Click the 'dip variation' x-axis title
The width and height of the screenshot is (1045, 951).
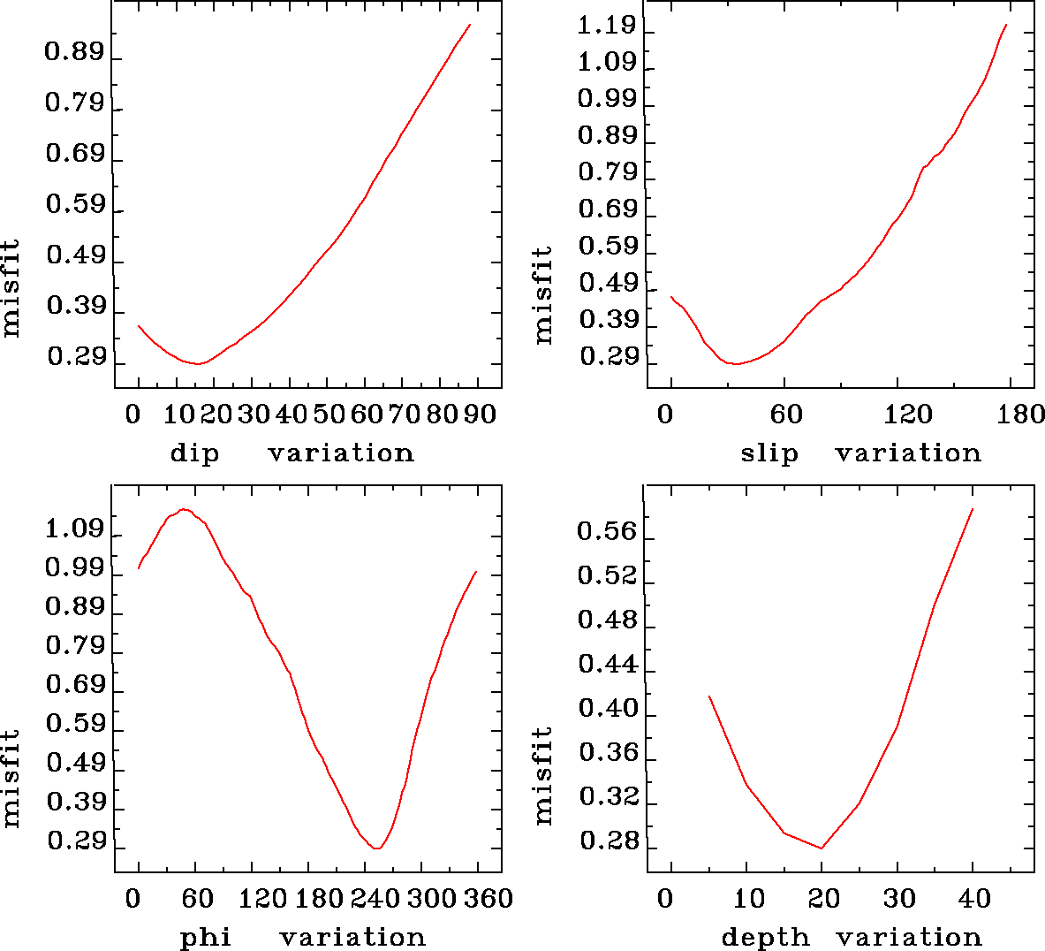point(292,453)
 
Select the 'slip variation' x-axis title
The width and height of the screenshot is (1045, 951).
point(860,453)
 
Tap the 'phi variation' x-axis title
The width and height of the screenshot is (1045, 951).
point(302,937)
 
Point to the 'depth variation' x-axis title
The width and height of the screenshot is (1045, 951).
point(852,937)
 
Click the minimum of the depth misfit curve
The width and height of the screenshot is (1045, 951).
point(822,848)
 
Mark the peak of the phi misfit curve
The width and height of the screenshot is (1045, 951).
point(184,509)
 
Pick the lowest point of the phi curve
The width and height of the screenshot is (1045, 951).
point(377,848)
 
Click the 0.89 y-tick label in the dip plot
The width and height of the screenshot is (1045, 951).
point(74,53)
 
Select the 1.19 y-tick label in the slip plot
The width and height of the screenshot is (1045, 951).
point(606,25)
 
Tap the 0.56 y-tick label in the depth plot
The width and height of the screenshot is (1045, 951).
point(606,531)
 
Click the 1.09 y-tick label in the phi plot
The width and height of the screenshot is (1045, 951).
point(74,530)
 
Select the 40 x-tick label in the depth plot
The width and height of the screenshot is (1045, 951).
point(974,898)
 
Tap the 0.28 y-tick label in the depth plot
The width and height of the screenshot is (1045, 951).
point(606,841)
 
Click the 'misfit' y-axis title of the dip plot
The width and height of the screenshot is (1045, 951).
point(11,288)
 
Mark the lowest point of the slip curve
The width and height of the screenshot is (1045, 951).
point(735,363)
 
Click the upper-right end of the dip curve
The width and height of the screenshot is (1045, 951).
point(470,25)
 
